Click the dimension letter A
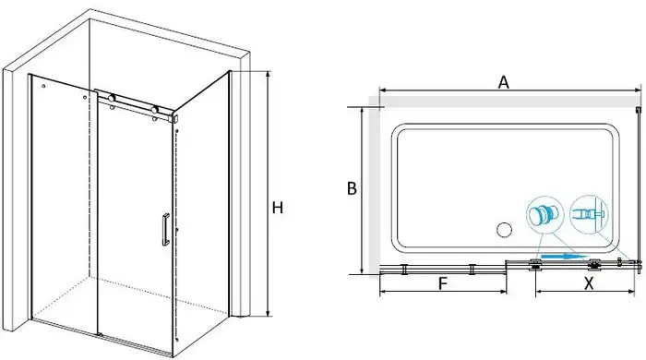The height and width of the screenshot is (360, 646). click(x=504, y=82)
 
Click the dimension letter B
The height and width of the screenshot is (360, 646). click(x=352, y=188)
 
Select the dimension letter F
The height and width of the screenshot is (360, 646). click(x=442, y=283)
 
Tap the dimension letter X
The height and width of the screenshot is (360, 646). click(x=589, y=283)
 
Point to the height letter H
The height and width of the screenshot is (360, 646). click(x=278, y=208)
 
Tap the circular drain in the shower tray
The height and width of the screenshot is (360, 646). click(x=504, y=230)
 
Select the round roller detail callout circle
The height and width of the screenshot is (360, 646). click(x=544, y=215)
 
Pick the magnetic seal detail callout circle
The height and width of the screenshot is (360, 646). click(x=589, y=214)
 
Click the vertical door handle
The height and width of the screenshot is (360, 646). click(x=165, y=230)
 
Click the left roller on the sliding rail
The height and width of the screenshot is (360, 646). click(x=112, y=99)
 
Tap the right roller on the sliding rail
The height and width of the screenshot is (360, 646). click(x=154, y=110)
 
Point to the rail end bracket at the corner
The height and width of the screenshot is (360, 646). click(x=174, y=119)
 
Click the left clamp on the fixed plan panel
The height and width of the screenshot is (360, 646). click(x=405, y=269)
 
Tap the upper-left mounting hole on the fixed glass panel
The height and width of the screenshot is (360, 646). click(x=43, y=87)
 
